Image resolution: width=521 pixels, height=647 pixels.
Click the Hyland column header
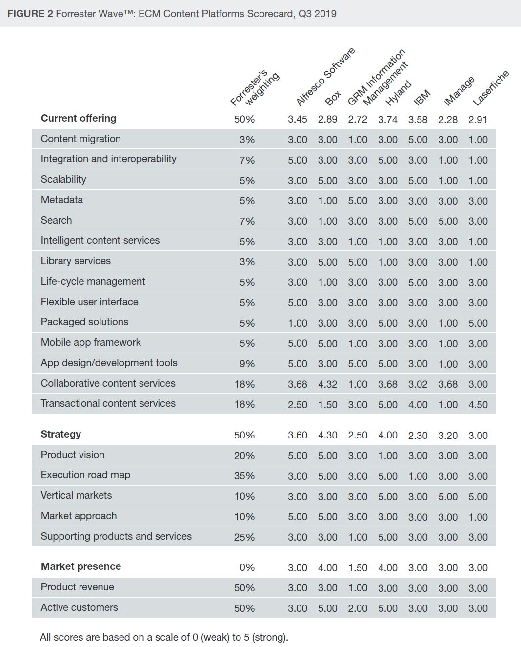[399, 93]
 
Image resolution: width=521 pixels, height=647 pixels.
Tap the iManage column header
[459, 90]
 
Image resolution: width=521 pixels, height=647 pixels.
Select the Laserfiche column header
[490, 88]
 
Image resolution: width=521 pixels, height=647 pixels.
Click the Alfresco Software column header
[325, 77]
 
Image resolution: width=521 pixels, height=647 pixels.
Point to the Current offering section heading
[79, 118]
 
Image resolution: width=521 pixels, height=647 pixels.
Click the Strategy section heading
[61, 434]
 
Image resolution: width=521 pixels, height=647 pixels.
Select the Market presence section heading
[81, 566]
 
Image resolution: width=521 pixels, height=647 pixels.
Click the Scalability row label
[63, 179]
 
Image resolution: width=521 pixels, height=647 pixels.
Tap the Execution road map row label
[85, 475]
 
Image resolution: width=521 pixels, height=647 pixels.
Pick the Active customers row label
[79, 607]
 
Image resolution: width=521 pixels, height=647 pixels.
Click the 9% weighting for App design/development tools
[247, 364]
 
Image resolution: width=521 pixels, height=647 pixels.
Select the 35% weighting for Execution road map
[244, 476]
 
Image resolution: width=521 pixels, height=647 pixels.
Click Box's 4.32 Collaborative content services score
[327, 384]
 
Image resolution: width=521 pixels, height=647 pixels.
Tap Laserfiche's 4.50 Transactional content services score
[478, 404]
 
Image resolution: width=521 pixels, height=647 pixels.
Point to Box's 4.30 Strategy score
[327, 435]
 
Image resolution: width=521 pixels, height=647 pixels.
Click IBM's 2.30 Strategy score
[418, 435]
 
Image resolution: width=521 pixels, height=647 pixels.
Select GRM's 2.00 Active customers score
[358, 608]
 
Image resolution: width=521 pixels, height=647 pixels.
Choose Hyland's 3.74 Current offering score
[387, 120]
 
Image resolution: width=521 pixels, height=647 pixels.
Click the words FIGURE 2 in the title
[30, 14]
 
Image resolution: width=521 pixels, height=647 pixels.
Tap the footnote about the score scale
[164, 637]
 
